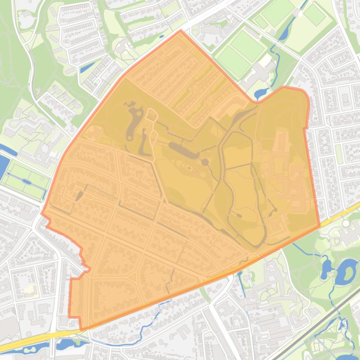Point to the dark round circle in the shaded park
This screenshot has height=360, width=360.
click(x=205, y=162)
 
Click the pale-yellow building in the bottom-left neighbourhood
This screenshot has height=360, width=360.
click(x=29, y=290)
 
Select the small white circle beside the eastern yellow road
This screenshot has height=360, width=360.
click(x=346, y=224)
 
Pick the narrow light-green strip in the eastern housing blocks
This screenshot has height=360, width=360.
click(x=339, y=154)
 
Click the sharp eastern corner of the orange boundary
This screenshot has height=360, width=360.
click(x=320, y=226)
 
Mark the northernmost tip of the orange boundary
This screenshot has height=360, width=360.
click(x=181, y=31)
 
